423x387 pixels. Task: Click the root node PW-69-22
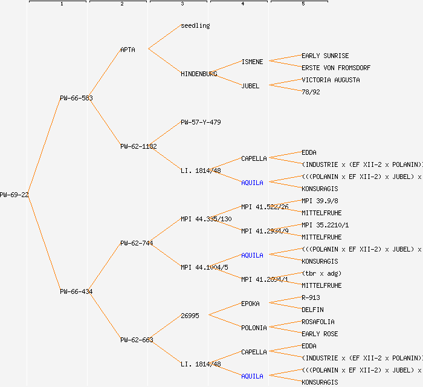14,195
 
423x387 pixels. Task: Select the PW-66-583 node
76,98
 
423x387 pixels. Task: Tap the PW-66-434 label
76,291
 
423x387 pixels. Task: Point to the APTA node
128,50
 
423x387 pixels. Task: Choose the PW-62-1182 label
138,146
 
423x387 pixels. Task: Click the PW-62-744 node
137,243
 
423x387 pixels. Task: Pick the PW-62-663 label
137,340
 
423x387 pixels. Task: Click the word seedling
195,25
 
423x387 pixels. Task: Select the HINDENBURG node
199,74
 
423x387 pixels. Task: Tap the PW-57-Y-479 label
201,122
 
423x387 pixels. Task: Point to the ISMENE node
252,62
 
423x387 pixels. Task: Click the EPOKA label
250,304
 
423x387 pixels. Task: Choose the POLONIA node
254,328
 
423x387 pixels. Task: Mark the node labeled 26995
190,316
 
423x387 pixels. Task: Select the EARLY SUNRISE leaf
325,56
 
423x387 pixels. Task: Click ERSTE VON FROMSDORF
336,68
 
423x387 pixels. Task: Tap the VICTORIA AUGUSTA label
331,80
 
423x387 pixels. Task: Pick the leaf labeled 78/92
311,92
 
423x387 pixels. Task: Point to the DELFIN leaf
312,310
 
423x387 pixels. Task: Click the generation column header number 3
182,4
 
